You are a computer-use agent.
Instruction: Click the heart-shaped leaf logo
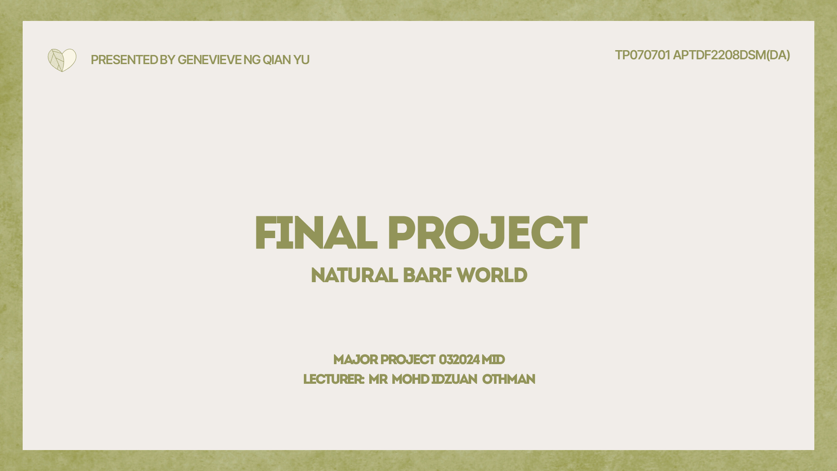[62, 60]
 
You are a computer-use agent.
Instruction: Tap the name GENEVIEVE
[209, 60]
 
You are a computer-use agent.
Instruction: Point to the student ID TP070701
[642, 55]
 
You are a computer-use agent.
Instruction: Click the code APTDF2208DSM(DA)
[732, 55]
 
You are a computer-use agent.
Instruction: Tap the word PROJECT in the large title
[487, 234]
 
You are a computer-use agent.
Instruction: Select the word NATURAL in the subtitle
[354, 276]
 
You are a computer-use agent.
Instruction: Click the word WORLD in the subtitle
[492, 276]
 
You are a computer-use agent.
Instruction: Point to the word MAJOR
[355, 360]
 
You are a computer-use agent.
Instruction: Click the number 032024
[459, 360]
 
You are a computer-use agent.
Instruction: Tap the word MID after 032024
[493, 360]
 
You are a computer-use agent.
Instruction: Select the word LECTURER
[333, 379]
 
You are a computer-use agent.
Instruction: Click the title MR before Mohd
[378, 379]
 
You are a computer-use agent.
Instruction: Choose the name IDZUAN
[454, 379]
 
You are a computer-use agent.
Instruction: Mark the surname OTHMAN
[509, 379]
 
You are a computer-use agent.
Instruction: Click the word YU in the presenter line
[301, 60]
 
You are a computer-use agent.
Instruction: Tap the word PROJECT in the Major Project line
[408, 360]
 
